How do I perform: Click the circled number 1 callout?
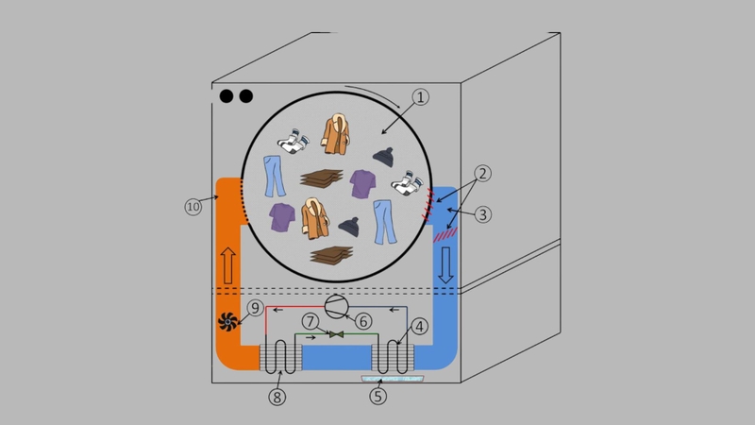(420, 97)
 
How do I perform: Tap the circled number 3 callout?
(483, 214)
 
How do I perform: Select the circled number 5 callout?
(378, 396)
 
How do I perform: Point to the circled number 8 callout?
(277, 397)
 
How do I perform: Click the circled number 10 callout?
(193, 207)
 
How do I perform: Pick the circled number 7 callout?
(310, 321)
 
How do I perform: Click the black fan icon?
(227, 322)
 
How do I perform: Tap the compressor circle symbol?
(336, 306)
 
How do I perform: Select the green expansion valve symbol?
(337, 334)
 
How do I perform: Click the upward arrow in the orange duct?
(228, 265)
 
